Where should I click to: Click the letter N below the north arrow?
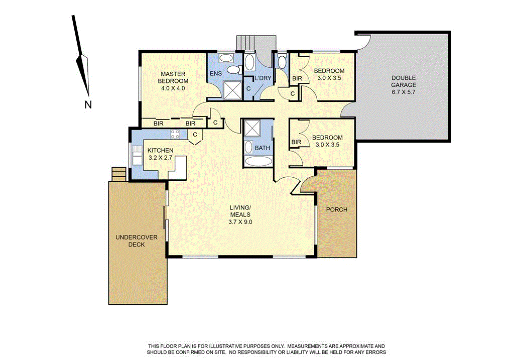point(88,105)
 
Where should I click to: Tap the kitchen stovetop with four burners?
point(176,134)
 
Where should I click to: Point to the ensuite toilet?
point(232,70)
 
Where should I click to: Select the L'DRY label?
point(263,78)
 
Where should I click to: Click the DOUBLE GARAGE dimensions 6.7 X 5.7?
point(404,92)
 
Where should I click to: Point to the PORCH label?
point(336,209)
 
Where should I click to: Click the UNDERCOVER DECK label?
point(130,241)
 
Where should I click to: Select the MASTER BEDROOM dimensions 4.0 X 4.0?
point(173,88)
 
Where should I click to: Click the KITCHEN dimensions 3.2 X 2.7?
point(161,158)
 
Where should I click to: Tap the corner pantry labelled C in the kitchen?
point(194,135)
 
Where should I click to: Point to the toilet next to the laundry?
point(282,62)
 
